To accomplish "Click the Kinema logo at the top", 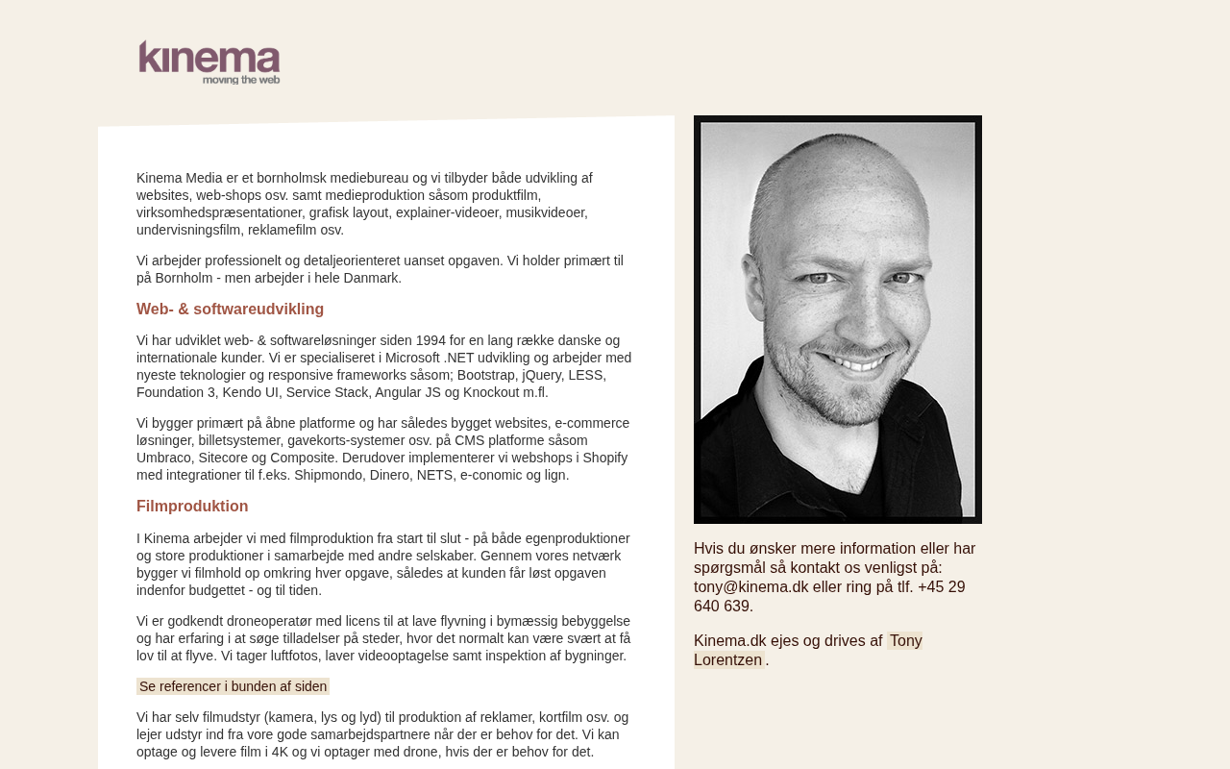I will tap(209, 62).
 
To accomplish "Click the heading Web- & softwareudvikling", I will tap(230, 309).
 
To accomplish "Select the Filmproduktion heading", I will tap(192, 506).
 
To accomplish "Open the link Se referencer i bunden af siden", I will tap(233, 686).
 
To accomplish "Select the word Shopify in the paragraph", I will tap(605, 458).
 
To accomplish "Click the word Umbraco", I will tap(166, 458).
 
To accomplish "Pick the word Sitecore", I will tap(228, 458).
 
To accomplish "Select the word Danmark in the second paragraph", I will tap(369, 278).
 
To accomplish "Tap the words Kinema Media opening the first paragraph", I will tap(180, 178).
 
